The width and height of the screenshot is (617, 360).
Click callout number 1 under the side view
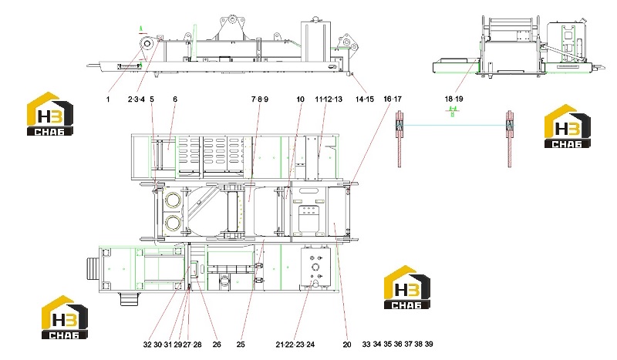108,99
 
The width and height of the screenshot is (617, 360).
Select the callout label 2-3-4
137,99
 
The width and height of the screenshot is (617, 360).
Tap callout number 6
175,99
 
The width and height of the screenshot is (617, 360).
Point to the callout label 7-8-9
260,99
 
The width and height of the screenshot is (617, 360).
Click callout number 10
300,99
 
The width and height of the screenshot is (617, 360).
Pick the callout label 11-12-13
329,99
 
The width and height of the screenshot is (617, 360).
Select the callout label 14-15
364,99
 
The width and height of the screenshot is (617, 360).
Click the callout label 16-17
393,99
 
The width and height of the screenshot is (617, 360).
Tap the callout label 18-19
453,99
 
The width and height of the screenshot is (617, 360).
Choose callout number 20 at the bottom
346,345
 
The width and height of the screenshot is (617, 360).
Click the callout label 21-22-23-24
295,345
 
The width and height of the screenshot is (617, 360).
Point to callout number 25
241,345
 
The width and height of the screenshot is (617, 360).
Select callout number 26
217,345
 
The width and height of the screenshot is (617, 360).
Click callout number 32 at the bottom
147,345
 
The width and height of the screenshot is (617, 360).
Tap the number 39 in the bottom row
429,344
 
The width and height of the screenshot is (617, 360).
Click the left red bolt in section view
400,139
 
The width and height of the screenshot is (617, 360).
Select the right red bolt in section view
510,139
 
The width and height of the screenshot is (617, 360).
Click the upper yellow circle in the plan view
173,200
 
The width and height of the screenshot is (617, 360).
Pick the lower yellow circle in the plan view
173,223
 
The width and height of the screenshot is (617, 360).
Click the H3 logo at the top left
50,114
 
